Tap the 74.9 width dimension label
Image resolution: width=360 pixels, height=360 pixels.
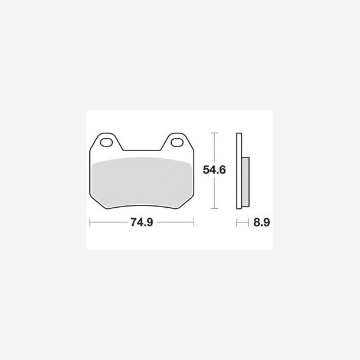142,222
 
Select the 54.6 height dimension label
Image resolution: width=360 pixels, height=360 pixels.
214,170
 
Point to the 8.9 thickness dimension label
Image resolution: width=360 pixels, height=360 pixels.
261,222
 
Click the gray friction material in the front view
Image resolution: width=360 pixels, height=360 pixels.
142,182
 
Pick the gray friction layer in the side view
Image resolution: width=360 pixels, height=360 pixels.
245,182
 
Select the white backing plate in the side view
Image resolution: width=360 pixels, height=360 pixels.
239,171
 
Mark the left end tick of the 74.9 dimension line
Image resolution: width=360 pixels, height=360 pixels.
90,222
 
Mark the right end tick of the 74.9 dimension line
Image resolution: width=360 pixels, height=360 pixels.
194,222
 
